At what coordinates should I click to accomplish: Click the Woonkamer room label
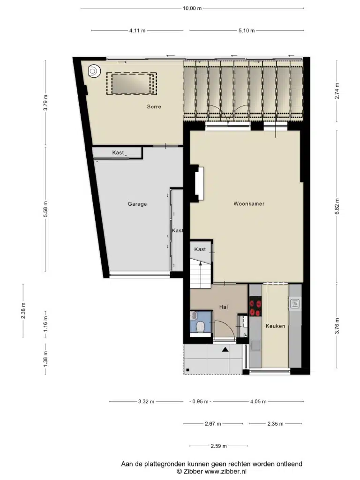tap(248, 203)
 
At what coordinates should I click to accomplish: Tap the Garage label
tap(137, 204)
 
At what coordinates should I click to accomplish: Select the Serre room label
tap(154, 106)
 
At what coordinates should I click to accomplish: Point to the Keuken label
tap(275, 326)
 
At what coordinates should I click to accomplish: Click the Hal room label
tap(224, 307)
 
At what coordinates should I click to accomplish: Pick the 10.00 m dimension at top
tap(192, 8)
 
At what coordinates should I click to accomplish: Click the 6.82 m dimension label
tap(337, 207)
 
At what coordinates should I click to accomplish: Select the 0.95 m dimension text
tap(200, 401)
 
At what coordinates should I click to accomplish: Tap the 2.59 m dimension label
tap(218, 446)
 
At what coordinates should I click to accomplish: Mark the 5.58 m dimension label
tap(45, 209)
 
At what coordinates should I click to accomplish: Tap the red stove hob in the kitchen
tap(255, 308)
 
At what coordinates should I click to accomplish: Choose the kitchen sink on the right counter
tap(295, 304)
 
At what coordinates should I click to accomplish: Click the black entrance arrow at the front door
tap(225, 349)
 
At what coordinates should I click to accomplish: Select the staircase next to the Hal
tap(201, 273)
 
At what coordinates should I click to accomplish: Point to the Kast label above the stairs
tap(200, 249)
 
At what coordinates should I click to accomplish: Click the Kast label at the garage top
tap(118, 152)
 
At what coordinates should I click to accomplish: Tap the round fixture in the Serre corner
tap(94, 71)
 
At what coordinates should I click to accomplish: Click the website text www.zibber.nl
tap(225, 472)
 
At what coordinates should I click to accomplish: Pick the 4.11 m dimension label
tap(137, 30)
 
